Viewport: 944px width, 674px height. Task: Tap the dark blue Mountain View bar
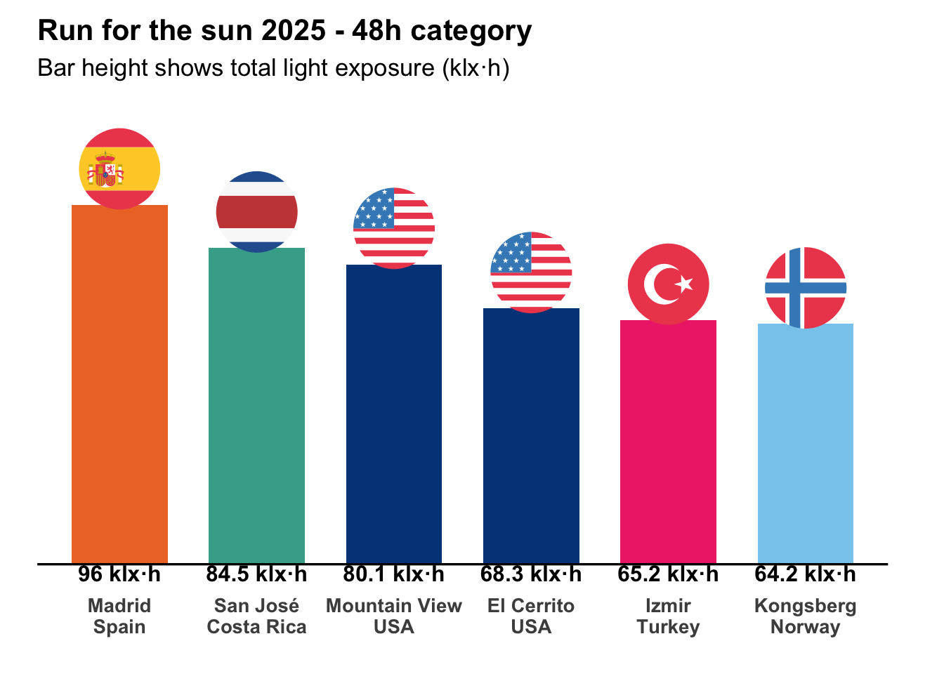point(394,414)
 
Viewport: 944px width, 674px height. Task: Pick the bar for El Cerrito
point(531,435)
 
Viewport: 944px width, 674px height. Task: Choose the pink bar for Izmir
point(668,442)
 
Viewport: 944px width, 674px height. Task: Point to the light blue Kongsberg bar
point(806,443)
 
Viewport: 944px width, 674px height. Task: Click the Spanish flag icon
point(119,169)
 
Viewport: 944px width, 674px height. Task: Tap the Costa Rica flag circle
point(256,212)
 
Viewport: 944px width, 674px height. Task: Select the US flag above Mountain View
point(394,228)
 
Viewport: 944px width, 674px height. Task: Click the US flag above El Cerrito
point(531,272)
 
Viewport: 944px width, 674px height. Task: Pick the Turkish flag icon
point(668,284)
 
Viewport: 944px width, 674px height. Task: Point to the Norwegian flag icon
point(806,288)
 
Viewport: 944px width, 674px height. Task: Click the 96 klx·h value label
point(119,574)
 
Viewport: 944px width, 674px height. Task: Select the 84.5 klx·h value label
point(256,574)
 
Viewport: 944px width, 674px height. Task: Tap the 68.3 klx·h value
point(531,574)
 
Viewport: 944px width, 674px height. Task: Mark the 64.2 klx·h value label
point(806,574)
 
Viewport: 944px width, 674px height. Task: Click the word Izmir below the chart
point(668,606)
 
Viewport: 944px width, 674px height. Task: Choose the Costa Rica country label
point(256,627)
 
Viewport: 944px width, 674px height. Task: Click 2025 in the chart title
point(293,32)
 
